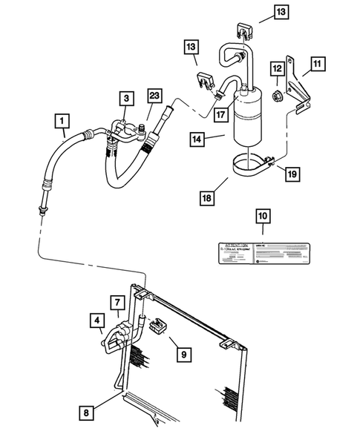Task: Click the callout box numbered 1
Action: pos(64,119)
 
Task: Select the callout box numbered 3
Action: pos(127,98)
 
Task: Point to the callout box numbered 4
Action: pos(97,321)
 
